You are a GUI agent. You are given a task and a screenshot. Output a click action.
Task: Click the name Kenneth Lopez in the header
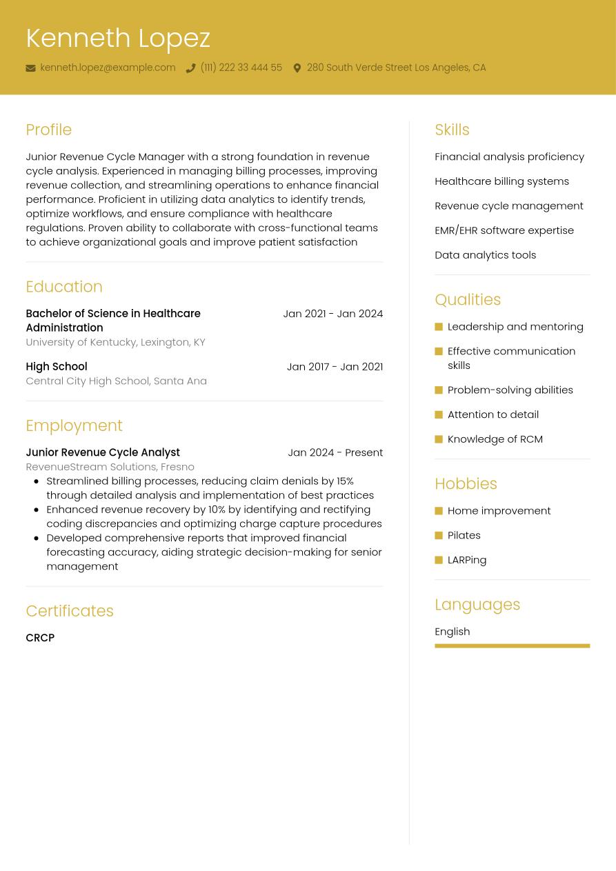(x=118, y=38)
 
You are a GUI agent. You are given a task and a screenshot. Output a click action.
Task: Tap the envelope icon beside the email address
(x=30, y=68)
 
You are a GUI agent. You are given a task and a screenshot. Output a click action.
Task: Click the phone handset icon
(x=190, y=68)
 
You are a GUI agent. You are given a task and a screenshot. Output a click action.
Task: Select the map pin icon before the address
(x=297, y=68)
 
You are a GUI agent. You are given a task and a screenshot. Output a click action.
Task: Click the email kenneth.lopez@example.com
(x=108, y=68)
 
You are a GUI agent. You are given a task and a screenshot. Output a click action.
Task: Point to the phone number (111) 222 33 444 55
(x=241, y=68)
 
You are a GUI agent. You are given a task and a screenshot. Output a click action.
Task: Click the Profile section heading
(x=48, y=130)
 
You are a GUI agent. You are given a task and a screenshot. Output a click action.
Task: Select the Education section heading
(x=63, y=286)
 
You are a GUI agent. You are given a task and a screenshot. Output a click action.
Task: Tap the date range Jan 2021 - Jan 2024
(x=332, y=314)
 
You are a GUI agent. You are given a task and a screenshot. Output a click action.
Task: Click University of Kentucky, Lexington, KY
(x=115, y=342)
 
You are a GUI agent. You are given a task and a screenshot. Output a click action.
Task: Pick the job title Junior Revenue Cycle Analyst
(x=103, y=452)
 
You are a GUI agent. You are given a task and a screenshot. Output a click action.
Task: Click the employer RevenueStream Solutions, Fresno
(x=110, y=467)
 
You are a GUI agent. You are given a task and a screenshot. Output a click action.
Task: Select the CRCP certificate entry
(x=40, y=638)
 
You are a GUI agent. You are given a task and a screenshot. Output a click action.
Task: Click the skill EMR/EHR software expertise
(x=504, y=230)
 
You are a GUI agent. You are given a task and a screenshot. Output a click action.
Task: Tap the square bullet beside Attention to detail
(x=439, y=414)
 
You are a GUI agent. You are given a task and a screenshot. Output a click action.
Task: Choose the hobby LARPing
(x=466, y=560)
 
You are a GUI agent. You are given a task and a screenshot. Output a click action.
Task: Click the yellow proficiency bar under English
(x=512, y=646)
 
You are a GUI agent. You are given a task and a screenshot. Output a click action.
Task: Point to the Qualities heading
(x=467, y=300)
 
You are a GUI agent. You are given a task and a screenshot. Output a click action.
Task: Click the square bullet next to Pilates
(x=439, y=535)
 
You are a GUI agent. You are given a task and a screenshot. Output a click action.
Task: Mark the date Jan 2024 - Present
(x=335, y=452)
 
